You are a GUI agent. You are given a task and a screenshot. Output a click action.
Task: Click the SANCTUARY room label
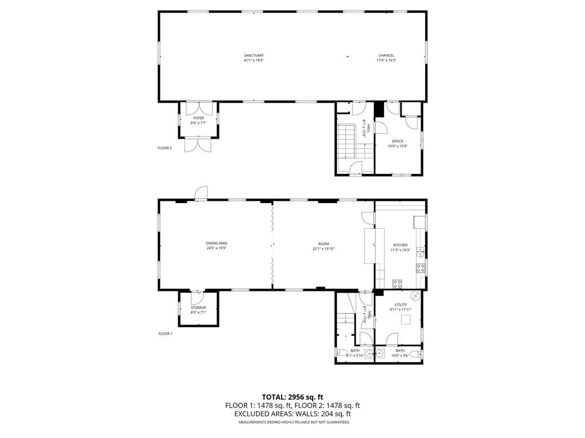[254, 55]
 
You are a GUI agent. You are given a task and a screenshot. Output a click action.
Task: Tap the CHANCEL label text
[386, 55]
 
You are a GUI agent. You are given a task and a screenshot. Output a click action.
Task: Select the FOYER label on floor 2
[198, 118]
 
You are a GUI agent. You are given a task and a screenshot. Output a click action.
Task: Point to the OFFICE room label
[398, 141]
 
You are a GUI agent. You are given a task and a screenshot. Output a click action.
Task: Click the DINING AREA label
[217, 243]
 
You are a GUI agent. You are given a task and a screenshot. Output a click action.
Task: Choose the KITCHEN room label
[400, 245]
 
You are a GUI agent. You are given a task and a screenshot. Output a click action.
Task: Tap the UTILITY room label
[400, 305]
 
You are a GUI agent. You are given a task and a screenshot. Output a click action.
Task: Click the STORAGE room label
[198, 307]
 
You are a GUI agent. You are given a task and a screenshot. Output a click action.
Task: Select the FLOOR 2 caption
[165, 148]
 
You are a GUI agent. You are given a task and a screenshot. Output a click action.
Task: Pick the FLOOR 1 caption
[165, 334]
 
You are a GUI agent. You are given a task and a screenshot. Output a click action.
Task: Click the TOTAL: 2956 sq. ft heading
[292, 396]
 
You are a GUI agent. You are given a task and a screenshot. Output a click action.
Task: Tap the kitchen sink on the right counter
[420, 251]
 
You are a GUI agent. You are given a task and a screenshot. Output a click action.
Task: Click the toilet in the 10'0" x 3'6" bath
[420, 355]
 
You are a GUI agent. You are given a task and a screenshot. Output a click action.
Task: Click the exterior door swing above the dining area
[201, 193]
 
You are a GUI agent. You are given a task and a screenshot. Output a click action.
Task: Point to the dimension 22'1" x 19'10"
[323, 249]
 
